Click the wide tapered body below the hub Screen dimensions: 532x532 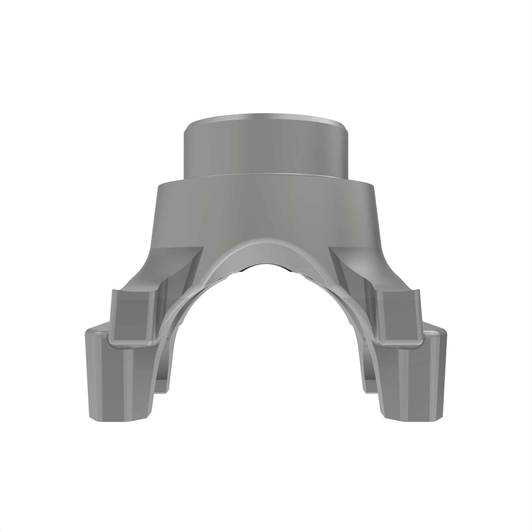(x=266, y=209)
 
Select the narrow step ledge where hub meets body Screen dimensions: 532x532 (x=266, y=175)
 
